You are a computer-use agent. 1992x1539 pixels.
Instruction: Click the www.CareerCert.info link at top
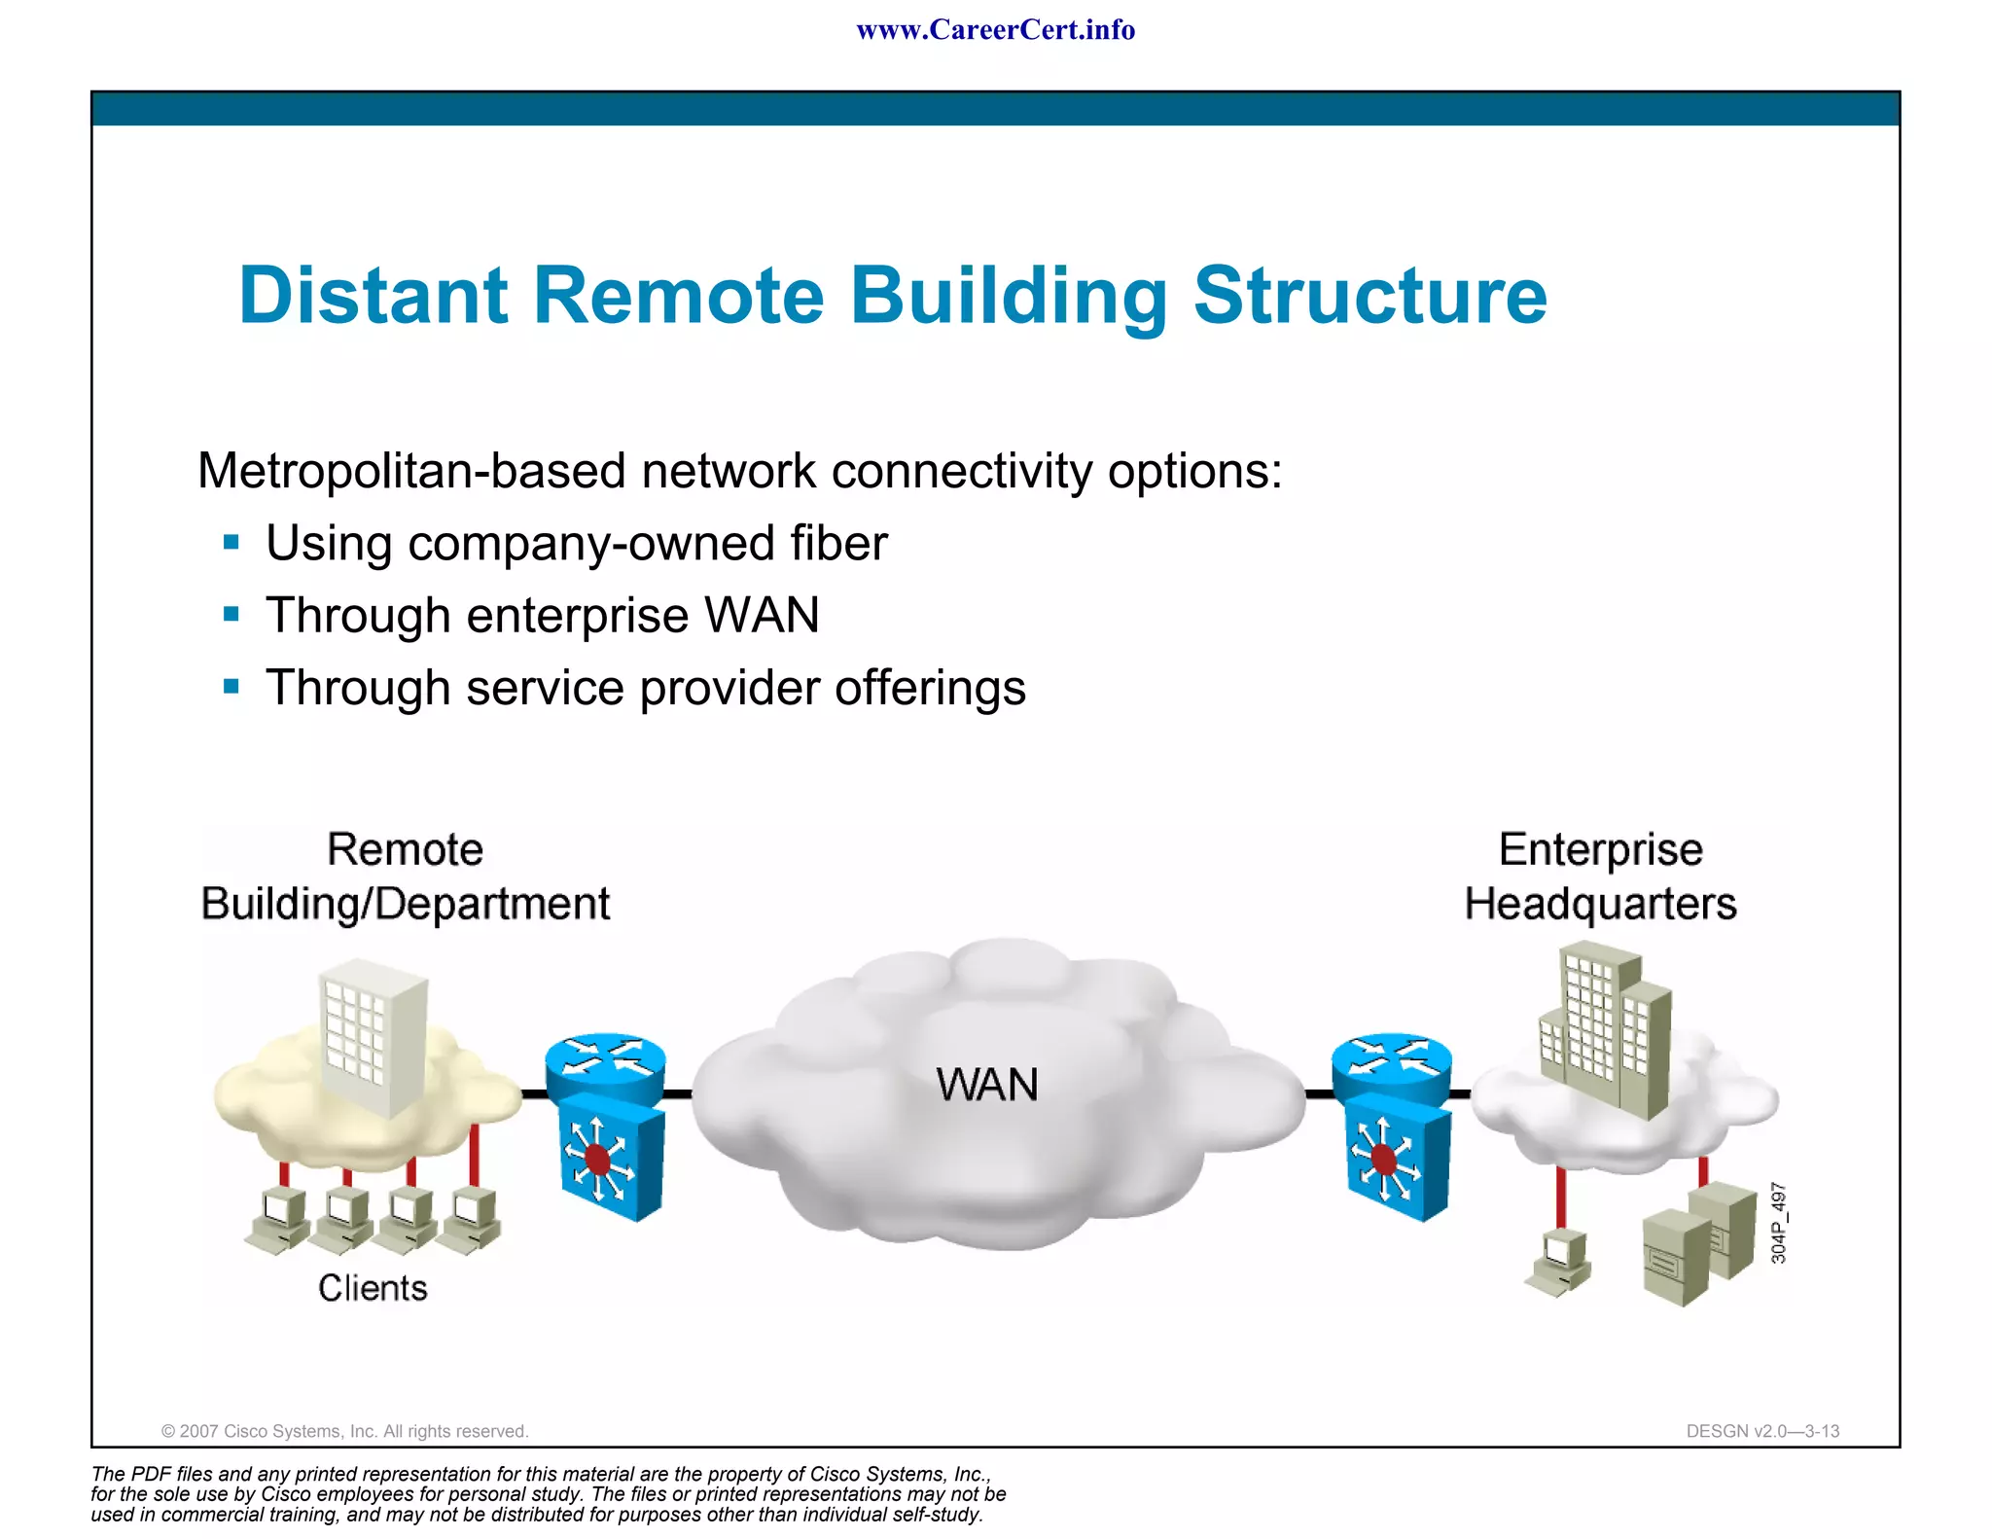point(995,30)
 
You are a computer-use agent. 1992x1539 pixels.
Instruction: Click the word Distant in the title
point(373,296)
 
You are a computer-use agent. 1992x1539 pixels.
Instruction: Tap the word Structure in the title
point(1369,296)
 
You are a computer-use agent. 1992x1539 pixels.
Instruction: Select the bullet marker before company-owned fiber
point(231,542)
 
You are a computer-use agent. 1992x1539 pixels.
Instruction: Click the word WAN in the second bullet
point(762,616)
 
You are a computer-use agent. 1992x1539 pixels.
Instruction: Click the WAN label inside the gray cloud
point(986,1085)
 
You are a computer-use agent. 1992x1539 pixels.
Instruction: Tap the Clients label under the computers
point(373,1288)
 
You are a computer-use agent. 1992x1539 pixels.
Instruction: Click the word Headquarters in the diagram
point(1600,904)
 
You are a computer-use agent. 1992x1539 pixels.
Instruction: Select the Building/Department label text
point(405,904)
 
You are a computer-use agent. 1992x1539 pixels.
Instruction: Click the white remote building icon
point(373,1036)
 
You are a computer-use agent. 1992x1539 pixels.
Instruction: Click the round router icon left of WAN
point(605,1064)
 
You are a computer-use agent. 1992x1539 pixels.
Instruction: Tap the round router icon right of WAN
point(1391,1064)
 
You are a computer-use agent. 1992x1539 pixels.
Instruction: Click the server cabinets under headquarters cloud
point(1685,1244)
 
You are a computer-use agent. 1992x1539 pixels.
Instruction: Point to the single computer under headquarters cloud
point(1559,1263)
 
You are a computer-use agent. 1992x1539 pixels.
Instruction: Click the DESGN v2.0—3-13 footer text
point(1762,1431)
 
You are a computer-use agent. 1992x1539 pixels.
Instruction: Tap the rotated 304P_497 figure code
point(1778,1223)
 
